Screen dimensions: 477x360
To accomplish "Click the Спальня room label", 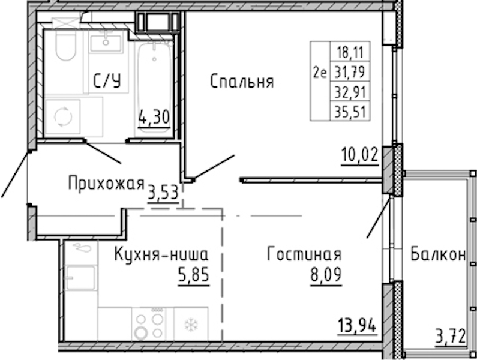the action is (x=242, y=82).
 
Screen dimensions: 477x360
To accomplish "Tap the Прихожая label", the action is (x=106, y=184).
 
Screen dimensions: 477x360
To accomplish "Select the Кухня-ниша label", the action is (x=161, y=254).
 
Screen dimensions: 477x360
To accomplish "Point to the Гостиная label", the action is (x=304, y=254).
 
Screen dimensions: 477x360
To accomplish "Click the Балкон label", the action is (x=438, y=254).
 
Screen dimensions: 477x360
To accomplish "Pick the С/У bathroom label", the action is (x=107, y=81).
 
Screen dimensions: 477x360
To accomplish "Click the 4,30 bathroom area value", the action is (x=154, y=118).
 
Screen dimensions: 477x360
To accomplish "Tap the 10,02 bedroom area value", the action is (x=360, y=155).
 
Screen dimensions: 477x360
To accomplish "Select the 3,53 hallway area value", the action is (x=163, y=193).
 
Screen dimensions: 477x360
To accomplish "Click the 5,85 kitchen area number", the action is (x=194, y=275).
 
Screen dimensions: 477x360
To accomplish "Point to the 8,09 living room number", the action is (x=326, y=275).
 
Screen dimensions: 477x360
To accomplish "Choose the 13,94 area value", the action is (x=357, y=325).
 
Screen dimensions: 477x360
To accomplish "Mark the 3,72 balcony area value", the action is (x=451, y=337).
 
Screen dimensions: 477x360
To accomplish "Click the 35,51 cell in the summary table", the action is (x=350, y=112).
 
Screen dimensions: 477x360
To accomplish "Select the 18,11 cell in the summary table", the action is (x=350, y=52).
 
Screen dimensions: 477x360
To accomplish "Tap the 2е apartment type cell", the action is (x=320, y=73).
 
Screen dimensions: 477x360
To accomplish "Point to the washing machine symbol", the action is (x=63, y=116).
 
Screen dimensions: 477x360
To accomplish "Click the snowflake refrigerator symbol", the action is (x=191, y=325).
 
